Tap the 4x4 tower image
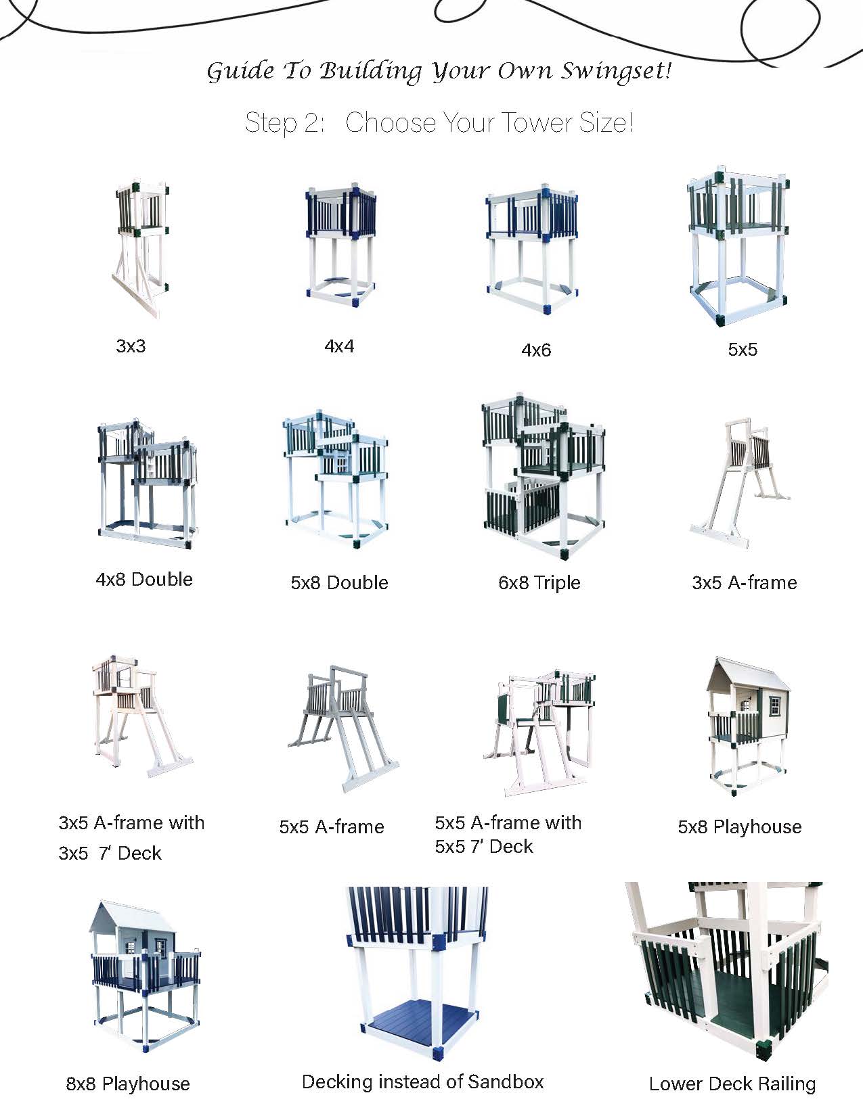point(340,244)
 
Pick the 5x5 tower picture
point(738,246)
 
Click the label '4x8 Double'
point(144,580)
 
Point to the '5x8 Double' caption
point(339,582)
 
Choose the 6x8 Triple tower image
point(544,475)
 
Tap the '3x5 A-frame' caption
point(745,582)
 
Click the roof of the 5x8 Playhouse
point(748,673)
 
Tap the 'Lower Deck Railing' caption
point(732,1084)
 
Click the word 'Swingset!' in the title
point(615,71)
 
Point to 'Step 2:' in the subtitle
point(284,122)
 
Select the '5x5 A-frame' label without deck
point(332,827)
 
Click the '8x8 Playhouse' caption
point(128,1084)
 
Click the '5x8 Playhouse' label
point(740,827)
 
